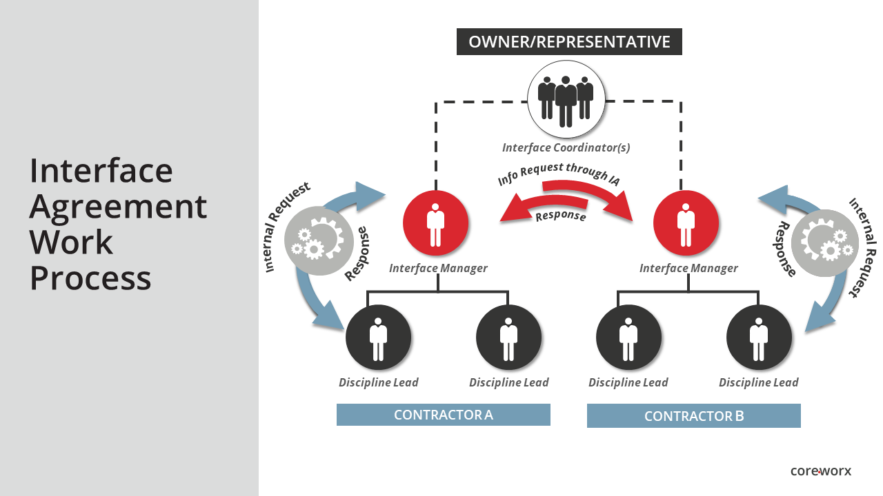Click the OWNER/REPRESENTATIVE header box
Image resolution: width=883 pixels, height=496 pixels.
[569, 42]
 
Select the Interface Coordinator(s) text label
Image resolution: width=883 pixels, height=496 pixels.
[566, 147]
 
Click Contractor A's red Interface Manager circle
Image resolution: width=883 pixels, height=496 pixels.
[435, 223]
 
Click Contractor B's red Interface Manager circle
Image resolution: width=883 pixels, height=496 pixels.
[686, 223]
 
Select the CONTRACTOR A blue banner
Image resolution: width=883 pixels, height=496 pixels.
[443, 415]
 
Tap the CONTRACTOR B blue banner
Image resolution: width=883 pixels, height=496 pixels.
[693, 416]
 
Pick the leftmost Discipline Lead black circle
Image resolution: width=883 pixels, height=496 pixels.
[378, 337]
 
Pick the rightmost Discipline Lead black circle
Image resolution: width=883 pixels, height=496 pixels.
[759, 337]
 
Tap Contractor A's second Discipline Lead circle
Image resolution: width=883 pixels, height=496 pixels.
[509, 337]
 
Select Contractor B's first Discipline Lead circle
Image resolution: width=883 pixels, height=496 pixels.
[628, 337]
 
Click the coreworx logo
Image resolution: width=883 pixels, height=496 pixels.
[820, 471]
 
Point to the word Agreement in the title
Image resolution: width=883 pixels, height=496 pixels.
[118, 206]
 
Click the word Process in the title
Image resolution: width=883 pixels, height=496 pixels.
[90, 278]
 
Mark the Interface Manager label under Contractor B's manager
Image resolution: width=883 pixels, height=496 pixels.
[688, 269]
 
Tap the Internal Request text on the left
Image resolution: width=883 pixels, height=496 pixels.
[287, 227]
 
